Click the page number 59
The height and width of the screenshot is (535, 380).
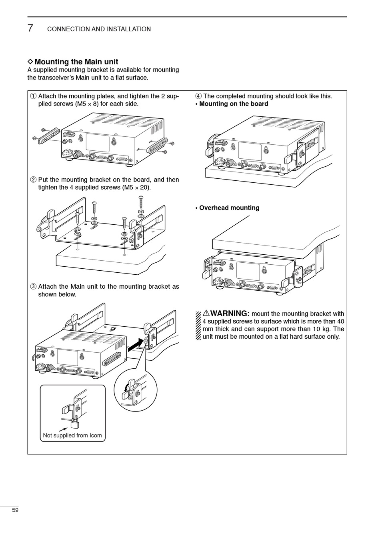[15, 510]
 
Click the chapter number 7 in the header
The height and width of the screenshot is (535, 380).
[30, 28]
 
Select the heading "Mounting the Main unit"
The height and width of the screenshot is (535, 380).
[76, 62]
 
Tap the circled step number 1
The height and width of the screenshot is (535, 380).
[33, 96]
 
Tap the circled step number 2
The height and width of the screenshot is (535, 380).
[33, 180]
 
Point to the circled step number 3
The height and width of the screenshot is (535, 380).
[33, 287]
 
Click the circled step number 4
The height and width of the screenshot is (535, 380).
[198, 96]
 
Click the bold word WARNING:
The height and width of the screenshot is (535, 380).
[230, 313]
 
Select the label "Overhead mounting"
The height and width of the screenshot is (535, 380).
[229, 208]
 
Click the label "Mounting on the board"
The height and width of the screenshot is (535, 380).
[234, 104]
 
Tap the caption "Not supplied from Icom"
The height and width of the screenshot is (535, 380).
[72, 435]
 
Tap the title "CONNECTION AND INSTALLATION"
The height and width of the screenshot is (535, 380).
[99, 29]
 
